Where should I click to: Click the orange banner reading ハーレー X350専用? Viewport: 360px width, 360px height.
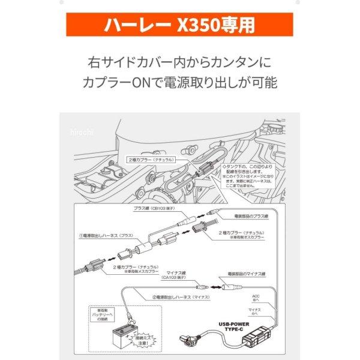pos(180,25)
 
